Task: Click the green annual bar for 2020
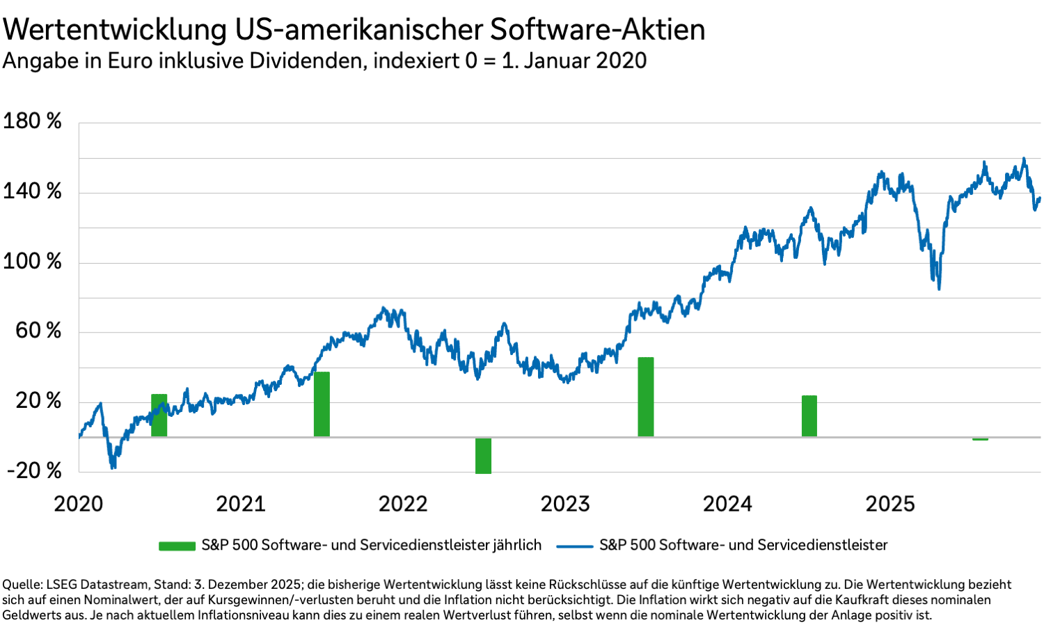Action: (x=159, y=416)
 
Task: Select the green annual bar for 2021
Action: (x=322, y=404)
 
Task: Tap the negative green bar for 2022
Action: (x=483, y=456)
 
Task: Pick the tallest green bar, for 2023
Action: (x=646, y=397)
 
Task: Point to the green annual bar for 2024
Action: (x=809, y=416)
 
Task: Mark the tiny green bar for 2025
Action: (x=980, y=439)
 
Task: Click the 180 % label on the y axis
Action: (x=32, y=121)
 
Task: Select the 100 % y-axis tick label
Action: (x=32, y=262)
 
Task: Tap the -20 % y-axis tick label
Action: (x=34, y=470)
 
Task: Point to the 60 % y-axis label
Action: (x=38, y=331)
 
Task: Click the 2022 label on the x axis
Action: (x=403, y=504)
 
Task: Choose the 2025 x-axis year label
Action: (x=889, y=504)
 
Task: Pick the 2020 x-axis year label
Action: (x=79, y=504)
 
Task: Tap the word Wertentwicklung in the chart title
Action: (x=115, y=30)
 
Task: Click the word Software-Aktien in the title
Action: (x=597, y=30)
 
